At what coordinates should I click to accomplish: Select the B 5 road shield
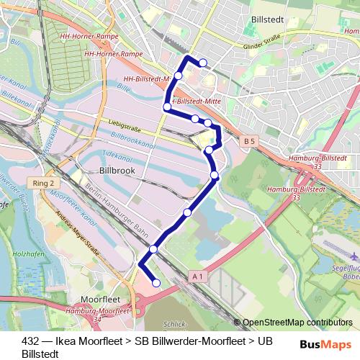coord(249,142)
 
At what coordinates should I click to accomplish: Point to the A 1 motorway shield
coord(199,276)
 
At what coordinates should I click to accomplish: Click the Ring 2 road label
coord(44,184)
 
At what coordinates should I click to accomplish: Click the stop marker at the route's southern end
coord(157,284)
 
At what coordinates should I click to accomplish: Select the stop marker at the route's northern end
coord(203,63)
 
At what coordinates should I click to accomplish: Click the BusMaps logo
coord(323,344)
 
